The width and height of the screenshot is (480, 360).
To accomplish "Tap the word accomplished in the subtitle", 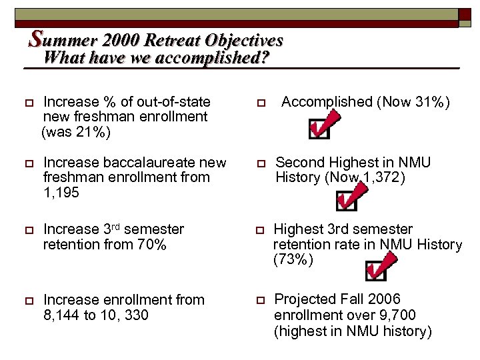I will pos(213,58).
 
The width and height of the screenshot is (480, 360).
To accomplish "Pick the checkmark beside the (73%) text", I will pos(377,267).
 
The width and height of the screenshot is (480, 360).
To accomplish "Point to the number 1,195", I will pos(61,193).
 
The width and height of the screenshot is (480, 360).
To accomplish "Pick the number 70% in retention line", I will pos(151,244).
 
